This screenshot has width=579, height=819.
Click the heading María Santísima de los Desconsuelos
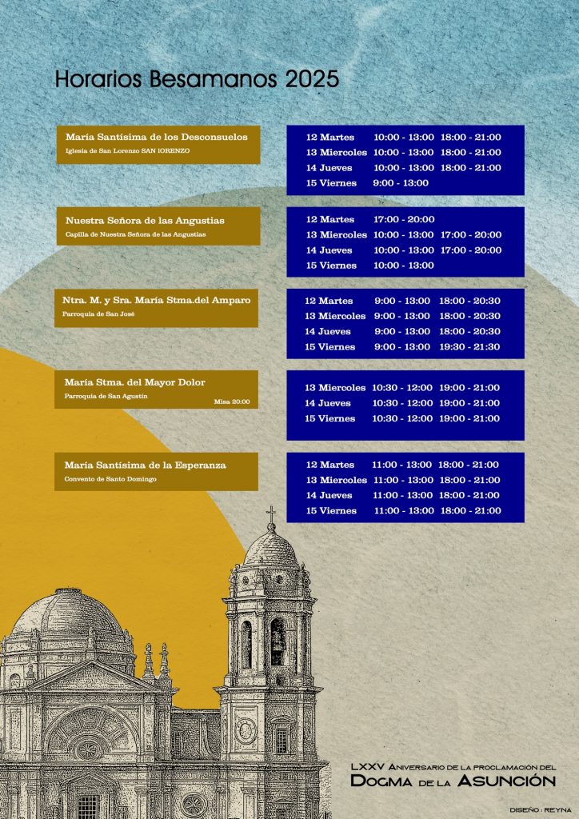click(157, 137)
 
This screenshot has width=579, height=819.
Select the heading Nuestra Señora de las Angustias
click(145, 220)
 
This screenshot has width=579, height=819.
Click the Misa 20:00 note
click(232, 402)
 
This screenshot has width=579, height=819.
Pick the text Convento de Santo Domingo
click(110, 479)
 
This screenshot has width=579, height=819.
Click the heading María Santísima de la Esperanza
click(146, 465)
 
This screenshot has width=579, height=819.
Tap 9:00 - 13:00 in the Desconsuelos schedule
click(401, 183)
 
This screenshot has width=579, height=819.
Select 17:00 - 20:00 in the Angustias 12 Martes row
click(404, 219)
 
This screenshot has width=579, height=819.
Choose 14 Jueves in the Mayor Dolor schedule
click(328, 403)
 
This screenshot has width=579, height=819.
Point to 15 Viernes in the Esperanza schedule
click(330, 511)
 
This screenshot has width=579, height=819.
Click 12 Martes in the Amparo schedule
click(329, 302)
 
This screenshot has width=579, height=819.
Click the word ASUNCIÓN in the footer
click(518, 781)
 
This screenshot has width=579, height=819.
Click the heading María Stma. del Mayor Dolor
click(135, 382)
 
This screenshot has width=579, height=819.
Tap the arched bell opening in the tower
click(277, 640)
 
